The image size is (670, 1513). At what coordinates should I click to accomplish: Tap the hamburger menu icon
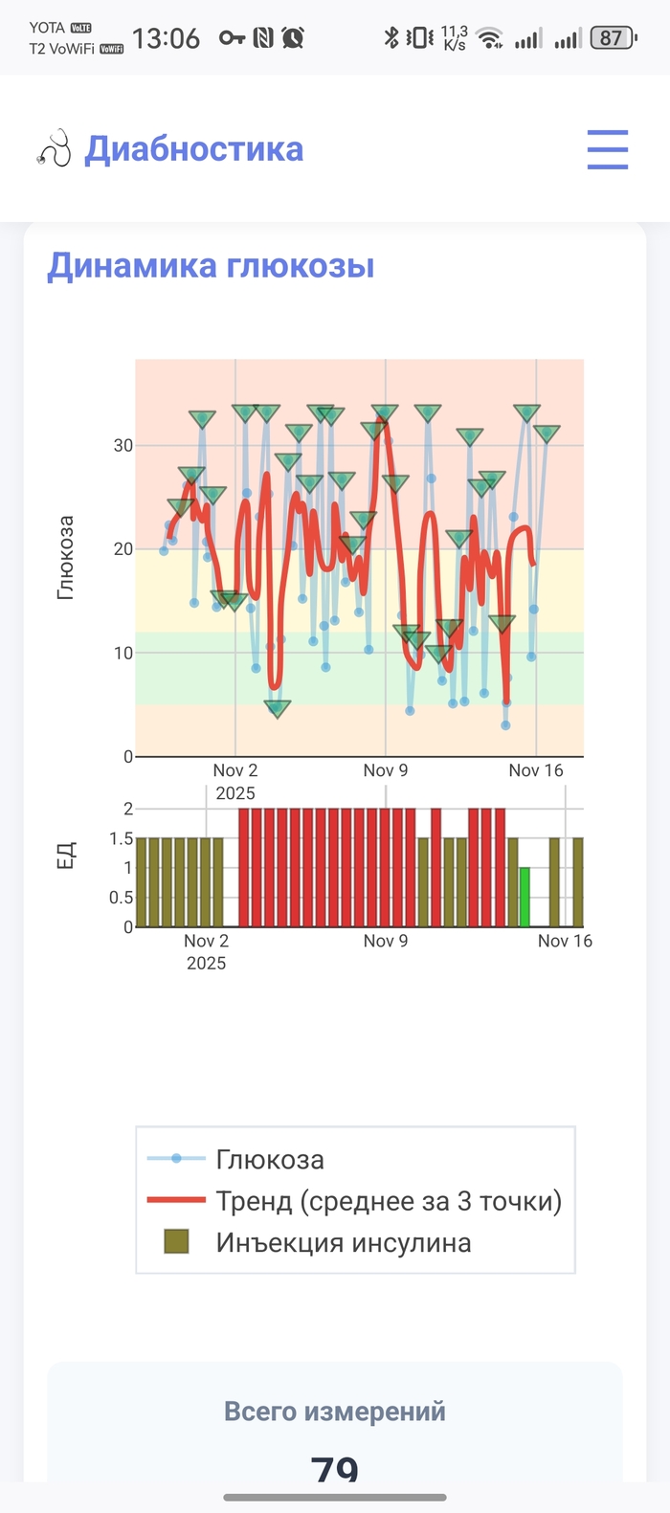[x=607, y=149]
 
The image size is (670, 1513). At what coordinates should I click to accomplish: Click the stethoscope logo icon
[x=55, y=148]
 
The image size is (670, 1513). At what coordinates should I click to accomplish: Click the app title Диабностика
[x=194, y=149]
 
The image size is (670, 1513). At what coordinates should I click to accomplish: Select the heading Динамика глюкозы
[x=211, y=265]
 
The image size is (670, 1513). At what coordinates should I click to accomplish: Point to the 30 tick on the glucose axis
[x=123, y=445]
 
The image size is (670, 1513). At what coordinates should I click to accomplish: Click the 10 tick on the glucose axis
[x=123, y=653]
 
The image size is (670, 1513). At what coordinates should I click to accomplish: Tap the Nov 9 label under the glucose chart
[x=385, y=770]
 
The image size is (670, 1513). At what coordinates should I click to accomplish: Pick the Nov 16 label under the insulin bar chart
[x=565, y=941]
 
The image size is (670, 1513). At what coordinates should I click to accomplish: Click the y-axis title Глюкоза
[x=65, y=558]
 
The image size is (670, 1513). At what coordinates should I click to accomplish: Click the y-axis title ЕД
[x=65, y=856]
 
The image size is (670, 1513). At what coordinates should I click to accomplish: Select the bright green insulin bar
[x=525, y=897]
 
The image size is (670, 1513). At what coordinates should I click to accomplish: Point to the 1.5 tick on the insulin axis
[x=121, y=838]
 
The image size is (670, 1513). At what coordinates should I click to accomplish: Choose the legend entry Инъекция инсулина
[x=343, y=1242]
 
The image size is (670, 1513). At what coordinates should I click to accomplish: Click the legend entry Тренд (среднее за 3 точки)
[x=388, y=1200]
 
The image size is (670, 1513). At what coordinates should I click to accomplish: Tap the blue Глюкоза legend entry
[x=270, y=1159]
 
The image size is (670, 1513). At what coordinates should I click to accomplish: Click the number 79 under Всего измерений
[x=334, y=1468]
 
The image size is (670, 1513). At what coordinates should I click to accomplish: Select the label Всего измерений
[x=334, y=1411]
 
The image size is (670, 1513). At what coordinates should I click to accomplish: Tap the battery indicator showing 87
[x=613, y=38]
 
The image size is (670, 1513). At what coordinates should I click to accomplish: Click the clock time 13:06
[x=166, y=38]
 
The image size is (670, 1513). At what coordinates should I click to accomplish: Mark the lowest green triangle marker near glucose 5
[x=277, y=709]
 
